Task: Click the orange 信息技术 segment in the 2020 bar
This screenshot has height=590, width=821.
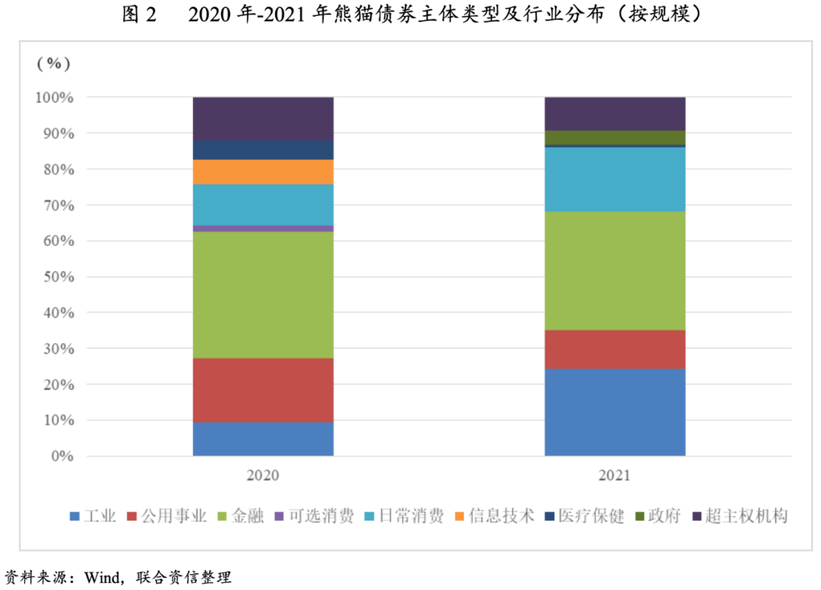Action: coord(263,172)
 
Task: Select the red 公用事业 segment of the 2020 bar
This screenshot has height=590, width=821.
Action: coord(263,390)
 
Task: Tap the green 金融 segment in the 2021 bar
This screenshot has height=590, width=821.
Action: coord(615,270)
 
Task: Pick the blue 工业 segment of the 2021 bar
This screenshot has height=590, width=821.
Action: coord(615,412)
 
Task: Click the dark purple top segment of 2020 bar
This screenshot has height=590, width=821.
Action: coord(263,118)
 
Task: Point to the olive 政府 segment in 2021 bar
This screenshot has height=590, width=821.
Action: coord(615,137)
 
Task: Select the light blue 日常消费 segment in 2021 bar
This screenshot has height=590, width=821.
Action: coord(615,179)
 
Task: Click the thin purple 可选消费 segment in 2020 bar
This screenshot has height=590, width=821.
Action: coord(263,229)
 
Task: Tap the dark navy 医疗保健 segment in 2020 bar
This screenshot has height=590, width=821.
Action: coord(263,150)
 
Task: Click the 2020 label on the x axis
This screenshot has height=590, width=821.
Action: coord(263,476)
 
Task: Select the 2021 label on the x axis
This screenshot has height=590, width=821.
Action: coord(615,476)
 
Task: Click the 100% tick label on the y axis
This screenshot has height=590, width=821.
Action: coord(53,98)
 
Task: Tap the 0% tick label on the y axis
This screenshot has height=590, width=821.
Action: coord(60,456)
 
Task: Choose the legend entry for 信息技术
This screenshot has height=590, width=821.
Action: coord(501,516)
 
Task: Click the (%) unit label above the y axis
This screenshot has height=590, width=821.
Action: coord(53,63)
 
